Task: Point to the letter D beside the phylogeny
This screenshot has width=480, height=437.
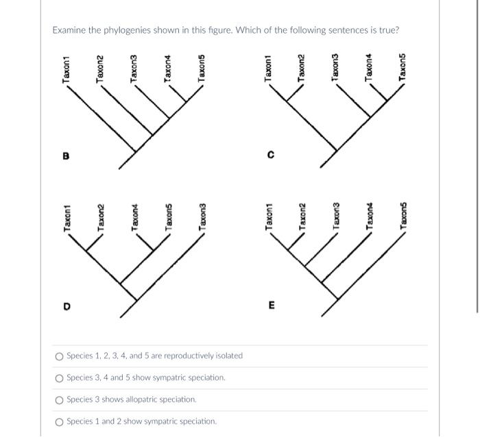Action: (67, 307)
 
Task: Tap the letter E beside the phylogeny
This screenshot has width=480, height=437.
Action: (271, 307)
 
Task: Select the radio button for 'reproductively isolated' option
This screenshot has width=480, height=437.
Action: (60, 355)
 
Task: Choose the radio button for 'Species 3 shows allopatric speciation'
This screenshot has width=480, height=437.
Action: (60, 399)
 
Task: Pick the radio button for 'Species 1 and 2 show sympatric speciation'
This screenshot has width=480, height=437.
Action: (60, 421)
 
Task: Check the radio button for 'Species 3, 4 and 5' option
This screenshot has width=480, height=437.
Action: (60, 377)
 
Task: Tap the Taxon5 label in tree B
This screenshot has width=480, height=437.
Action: (202, 68)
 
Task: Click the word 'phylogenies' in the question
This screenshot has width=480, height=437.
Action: (132, 31)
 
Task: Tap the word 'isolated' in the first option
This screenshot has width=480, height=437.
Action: (228, 355)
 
